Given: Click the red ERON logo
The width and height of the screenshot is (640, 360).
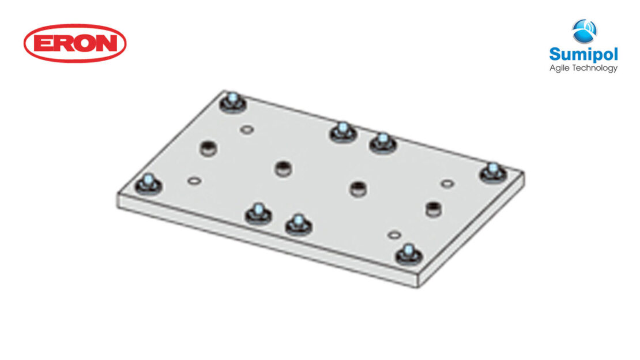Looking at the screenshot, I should coord(75,43).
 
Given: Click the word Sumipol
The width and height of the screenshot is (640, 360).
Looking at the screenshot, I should coord(583,55).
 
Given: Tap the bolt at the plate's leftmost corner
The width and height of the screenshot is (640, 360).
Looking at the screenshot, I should coord(148,184).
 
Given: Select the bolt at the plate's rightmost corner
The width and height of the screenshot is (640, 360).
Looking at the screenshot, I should coord(492,171).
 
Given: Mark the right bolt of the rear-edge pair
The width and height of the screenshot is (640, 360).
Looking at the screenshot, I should coord(382,141).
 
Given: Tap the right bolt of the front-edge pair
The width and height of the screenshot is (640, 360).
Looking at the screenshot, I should coord(298,223).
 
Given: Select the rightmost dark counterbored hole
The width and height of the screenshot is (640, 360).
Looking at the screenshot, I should coord(432,208).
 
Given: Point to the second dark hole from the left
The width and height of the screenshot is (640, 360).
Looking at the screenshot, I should coord(283,168).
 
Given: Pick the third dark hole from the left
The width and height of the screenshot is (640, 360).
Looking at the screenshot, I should coord(358,187).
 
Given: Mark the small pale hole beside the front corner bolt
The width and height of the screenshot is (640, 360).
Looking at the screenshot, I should coord(394,235).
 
